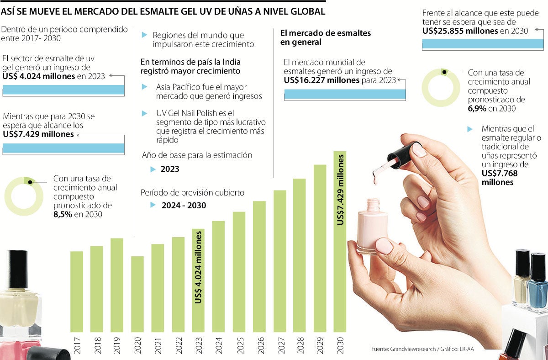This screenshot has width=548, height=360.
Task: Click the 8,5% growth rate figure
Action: (x=63, y=214)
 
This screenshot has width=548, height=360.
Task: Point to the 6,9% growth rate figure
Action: (x=477, y=108)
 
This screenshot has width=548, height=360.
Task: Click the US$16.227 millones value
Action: (x=322, y=80)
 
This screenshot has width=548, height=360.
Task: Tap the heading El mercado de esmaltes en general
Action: (x=325, y=37)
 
